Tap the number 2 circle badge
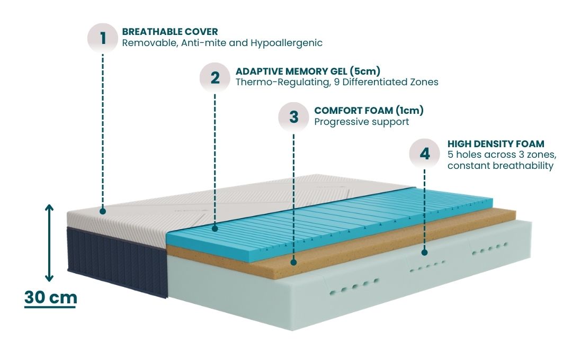point(215,77)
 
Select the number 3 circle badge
point(294,116)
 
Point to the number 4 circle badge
point(425,154)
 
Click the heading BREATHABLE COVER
point(169,32)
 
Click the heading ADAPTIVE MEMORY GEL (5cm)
point(308,71)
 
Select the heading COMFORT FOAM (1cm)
point(369,111)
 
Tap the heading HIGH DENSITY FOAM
point(496,143)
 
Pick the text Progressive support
point(361,122)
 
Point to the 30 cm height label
point(51,298)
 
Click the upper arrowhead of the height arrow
point(49,208)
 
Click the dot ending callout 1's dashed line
point(103,211)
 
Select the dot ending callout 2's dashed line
point(215,229)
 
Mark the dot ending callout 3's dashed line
point(294,261)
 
